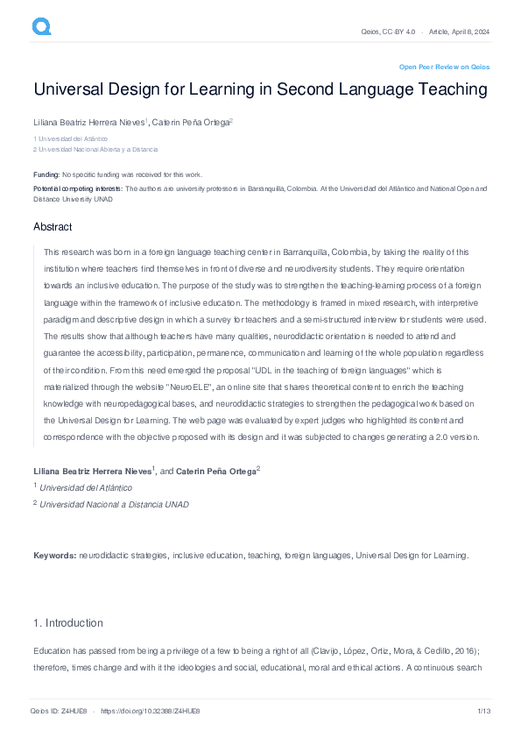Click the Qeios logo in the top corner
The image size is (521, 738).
coord(42,27)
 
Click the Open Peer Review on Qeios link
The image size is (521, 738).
coord(444,67)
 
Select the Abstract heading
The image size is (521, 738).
coord(53,227)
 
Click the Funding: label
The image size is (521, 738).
coord(46,174)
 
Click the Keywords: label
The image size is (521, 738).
coord(55,556)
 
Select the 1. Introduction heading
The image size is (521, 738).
coord(67,623)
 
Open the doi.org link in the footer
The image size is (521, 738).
coord(151,712)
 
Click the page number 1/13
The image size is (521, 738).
coord(482,712)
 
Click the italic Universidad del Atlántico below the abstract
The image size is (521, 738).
coord(87,487)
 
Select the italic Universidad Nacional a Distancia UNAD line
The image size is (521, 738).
coord(114,504)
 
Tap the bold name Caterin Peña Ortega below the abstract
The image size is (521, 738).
coord(215,472)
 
